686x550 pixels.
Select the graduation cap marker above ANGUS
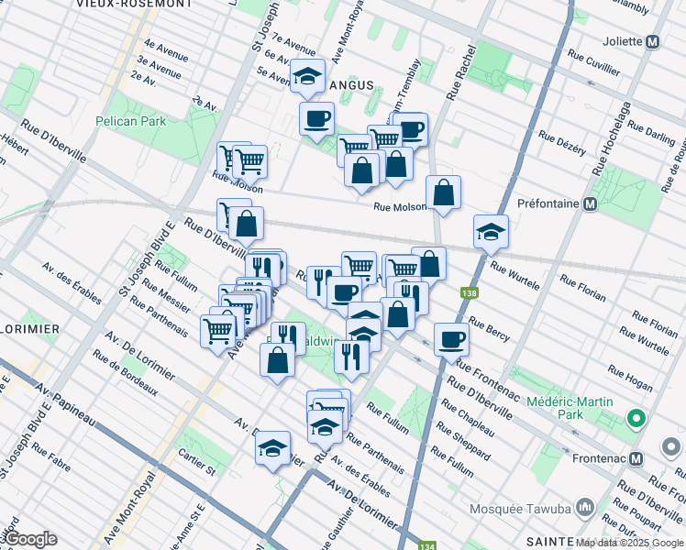pos(308,77)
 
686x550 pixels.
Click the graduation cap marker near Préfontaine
pos(492,232)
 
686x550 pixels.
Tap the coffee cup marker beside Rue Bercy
pos(450,339)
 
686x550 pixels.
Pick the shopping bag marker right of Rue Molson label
pos(443,192)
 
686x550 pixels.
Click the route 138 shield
pos(469,292)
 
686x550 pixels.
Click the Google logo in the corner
pos(30,539)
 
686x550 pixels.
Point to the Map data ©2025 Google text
pos(629,543)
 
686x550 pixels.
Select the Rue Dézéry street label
pos(561,144)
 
